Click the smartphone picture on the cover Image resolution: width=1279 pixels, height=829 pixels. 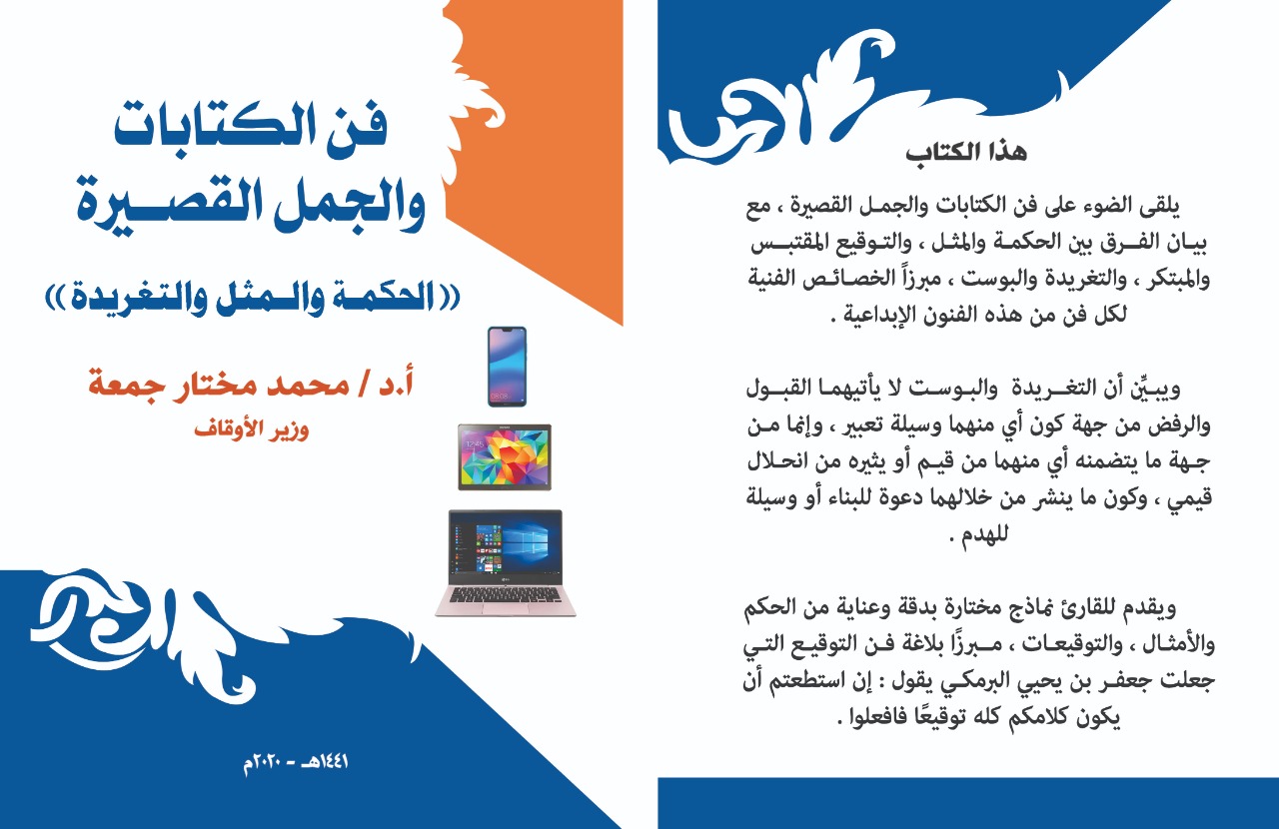pos(507,367)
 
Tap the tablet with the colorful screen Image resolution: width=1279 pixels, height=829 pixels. pos(505,456)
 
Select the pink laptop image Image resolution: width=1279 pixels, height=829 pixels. pos(506,563)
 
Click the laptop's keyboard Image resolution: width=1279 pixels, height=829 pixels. pos(506,596)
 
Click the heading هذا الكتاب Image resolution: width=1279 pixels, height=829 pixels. pos(966,153)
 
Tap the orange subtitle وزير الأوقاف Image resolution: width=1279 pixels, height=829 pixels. pos(251,428)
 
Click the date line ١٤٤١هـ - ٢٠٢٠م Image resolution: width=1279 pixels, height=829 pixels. pos(296,763)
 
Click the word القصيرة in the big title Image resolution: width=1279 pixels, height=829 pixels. pos(169,204)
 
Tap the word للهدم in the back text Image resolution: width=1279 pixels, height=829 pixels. pos(984,533)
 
